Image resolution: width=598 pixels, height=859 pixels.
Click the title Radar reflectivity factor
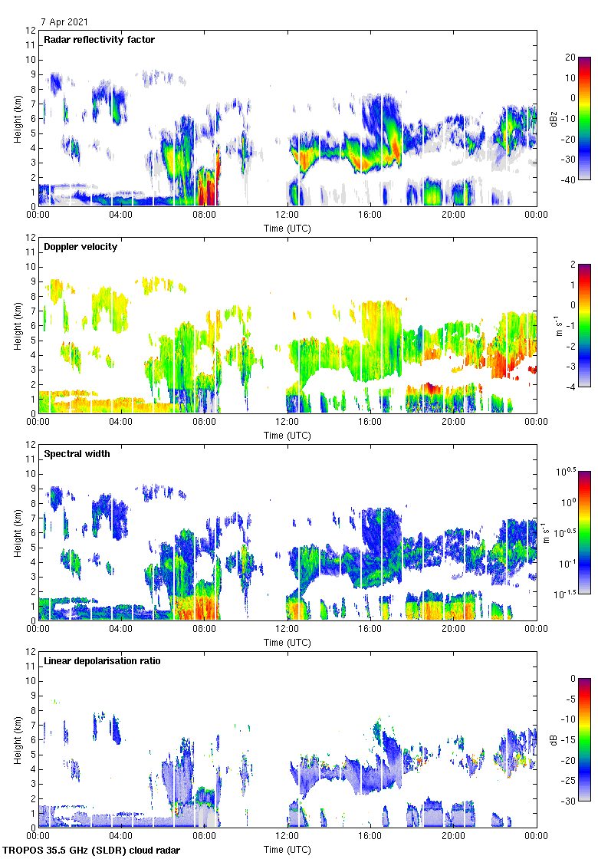(100, 40)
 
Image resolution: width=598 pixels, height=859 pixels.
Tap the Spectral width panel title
(77, 454)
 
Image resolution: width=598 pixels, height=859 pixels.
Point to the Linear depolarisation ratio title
(102, 661)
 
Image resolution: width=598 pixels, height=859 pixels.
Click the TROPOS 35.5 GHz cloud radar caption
(93, 851)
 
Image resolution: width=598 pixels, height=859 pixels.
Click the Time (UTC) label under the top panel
(287, 229)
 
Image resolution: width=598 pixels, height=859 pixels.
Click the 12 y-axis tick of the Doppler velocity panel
(30, 238)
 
